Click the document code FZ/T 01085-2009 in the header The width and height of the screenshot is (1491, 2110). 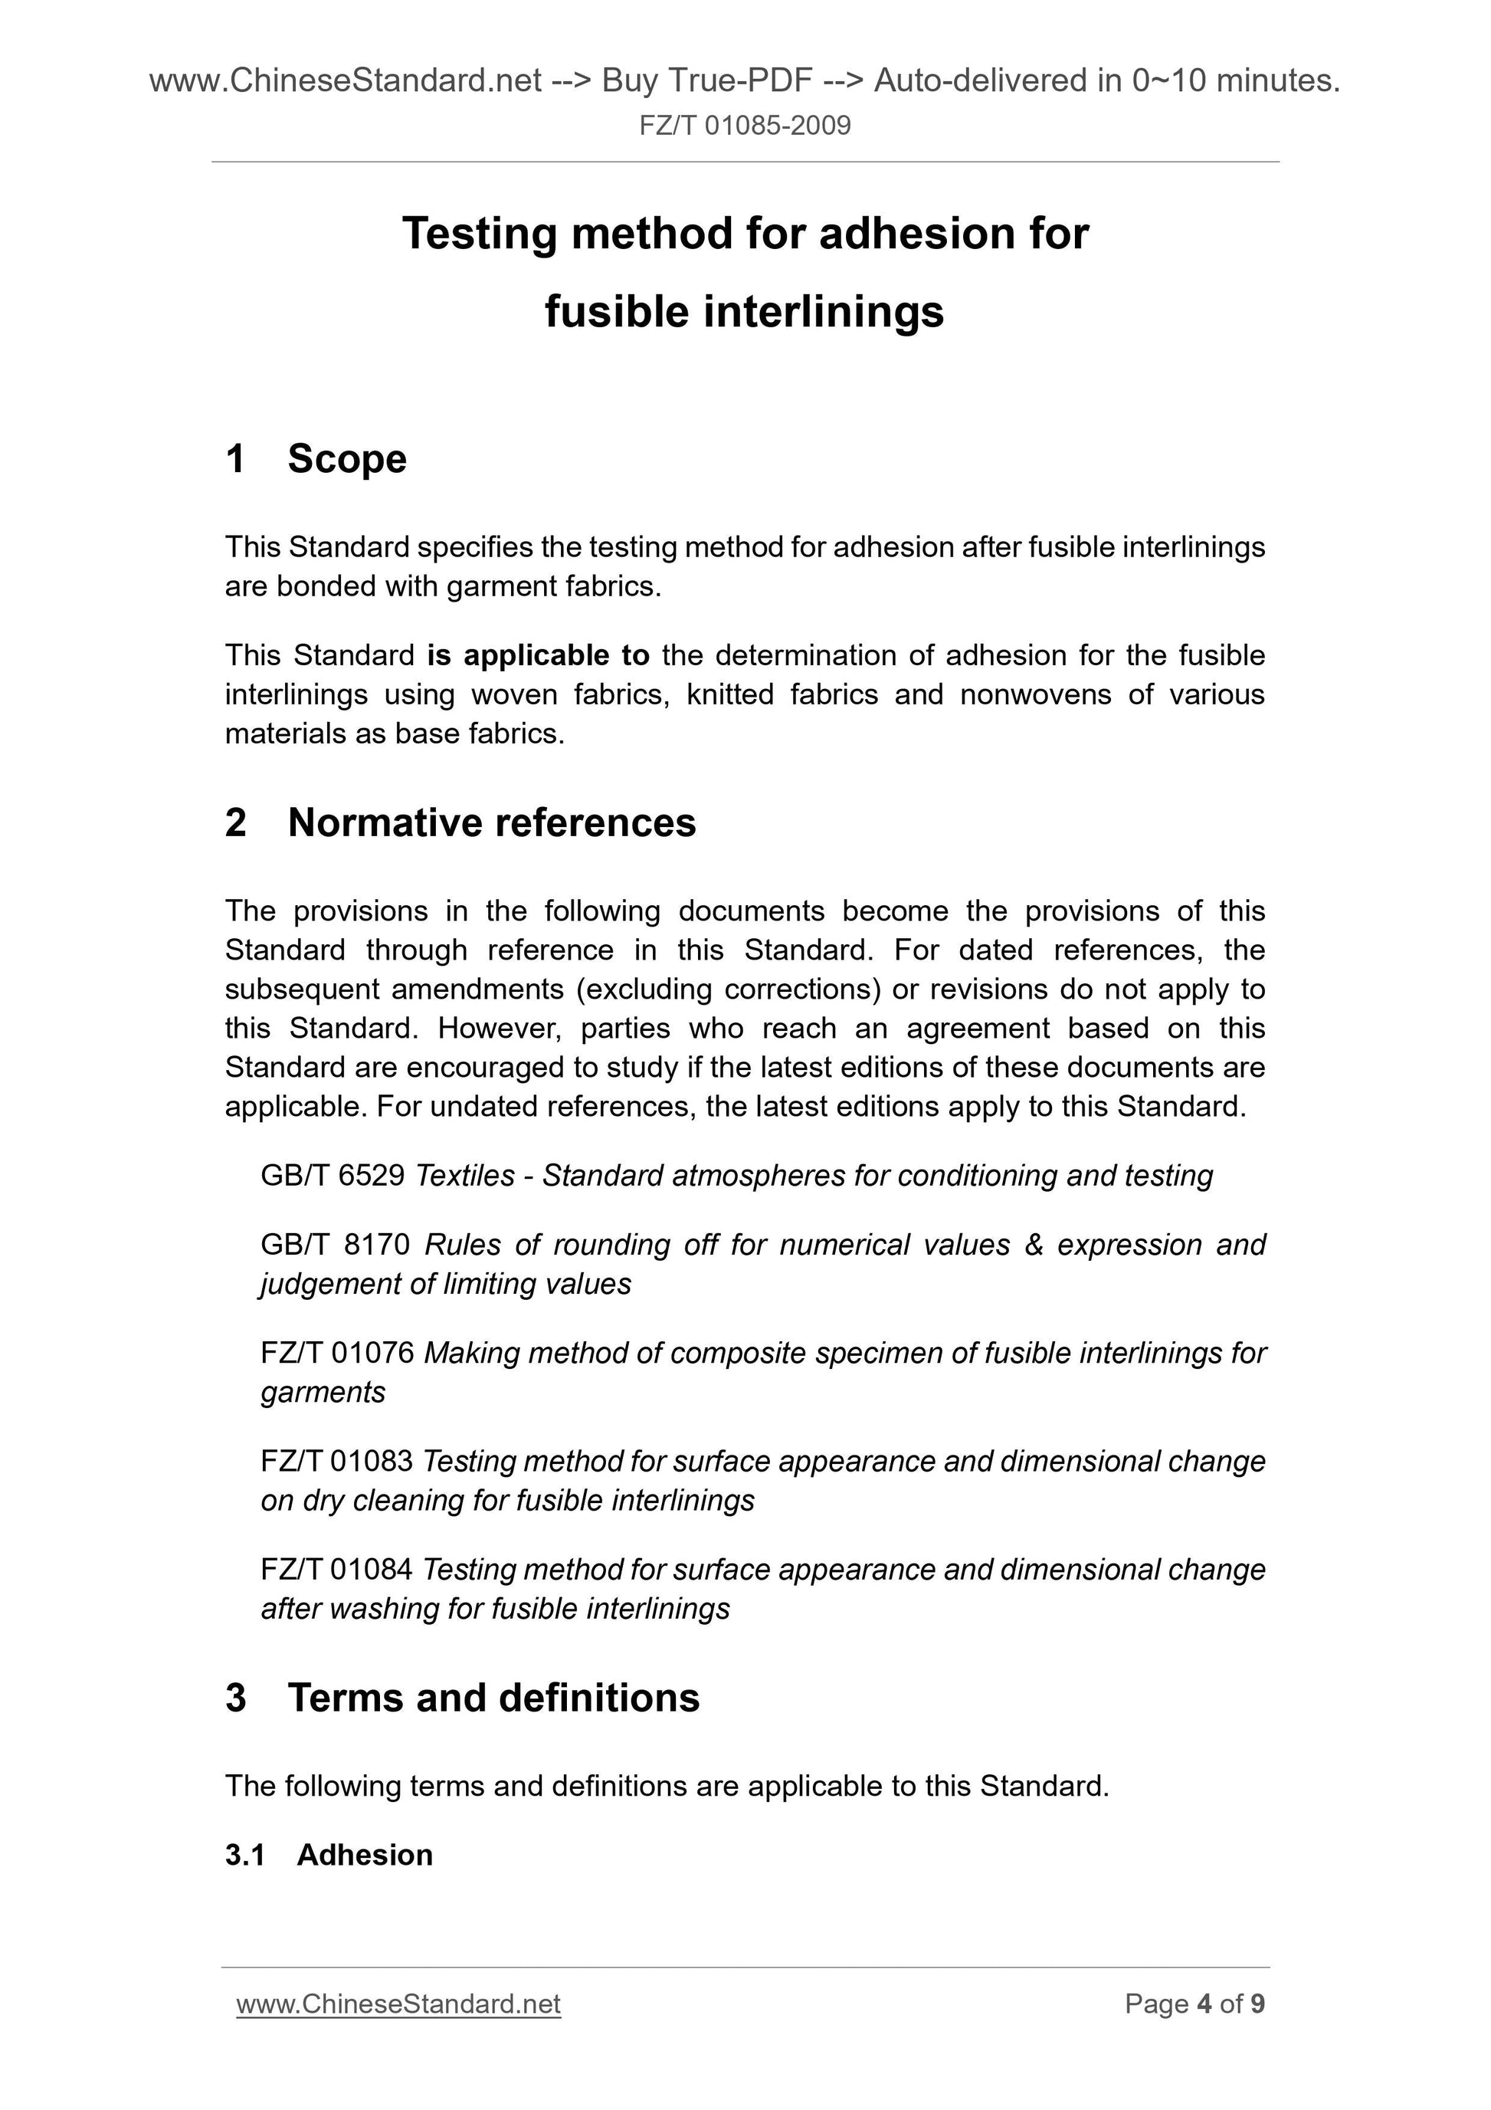[745, 125]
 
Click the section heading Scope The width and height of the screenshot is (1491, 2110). [346, 458]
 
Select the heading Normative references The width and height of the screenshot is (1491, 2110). [491, 822]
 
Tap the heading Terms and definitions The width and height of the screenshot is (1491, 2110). [493, 1698]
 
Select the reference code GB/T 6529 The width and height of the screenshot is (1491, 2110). [333, 1176]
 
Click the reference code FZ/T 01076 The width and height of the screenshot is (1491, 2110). [337, 1353]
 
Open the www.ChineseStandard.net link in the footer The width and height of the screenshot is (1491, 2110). [398, 2004]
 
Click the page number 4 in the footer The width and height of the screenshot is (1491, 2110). [1204, 2004]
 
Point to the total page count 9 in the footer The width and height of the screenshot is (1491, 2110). [1257, 2004]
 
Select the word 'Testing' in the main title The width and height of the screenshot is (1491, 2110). [480, 234]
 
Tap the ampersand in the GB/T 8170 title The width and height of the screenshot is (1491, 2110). [1034, 1245]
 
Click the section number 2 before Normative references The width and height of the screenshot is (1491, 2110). [236, 822]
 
